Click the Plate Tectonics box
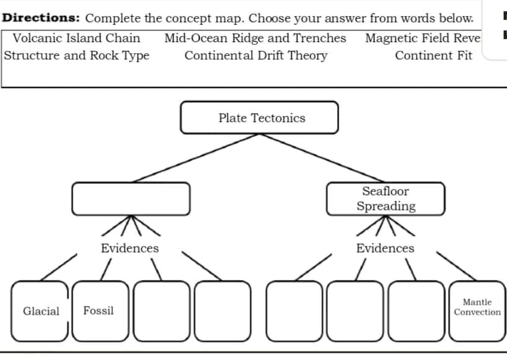click(x=260, y=118)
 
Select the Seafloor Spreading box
click(x=386, y=199)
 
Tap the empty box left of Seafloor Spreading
click(x=131, y=198)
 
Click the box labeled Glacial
click(x=40, y=311)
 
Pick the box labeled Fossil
click(x=99, y=311)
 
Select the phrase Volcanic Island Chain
click(x=76, y=38)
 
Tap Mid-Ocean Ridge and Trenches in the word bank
click(x=255, y=38)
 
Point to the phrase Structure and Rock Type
click(x=77, y=55)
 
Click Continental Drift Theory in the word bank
click(x=255, y=55)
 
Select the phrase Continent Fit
click(x=433, y=55)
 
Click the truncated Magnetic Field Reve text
click(x=422, y=38)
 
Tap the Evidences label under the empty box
click(x=130, y=248)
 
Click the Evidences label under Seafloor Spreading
click(x=385, y=248)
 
